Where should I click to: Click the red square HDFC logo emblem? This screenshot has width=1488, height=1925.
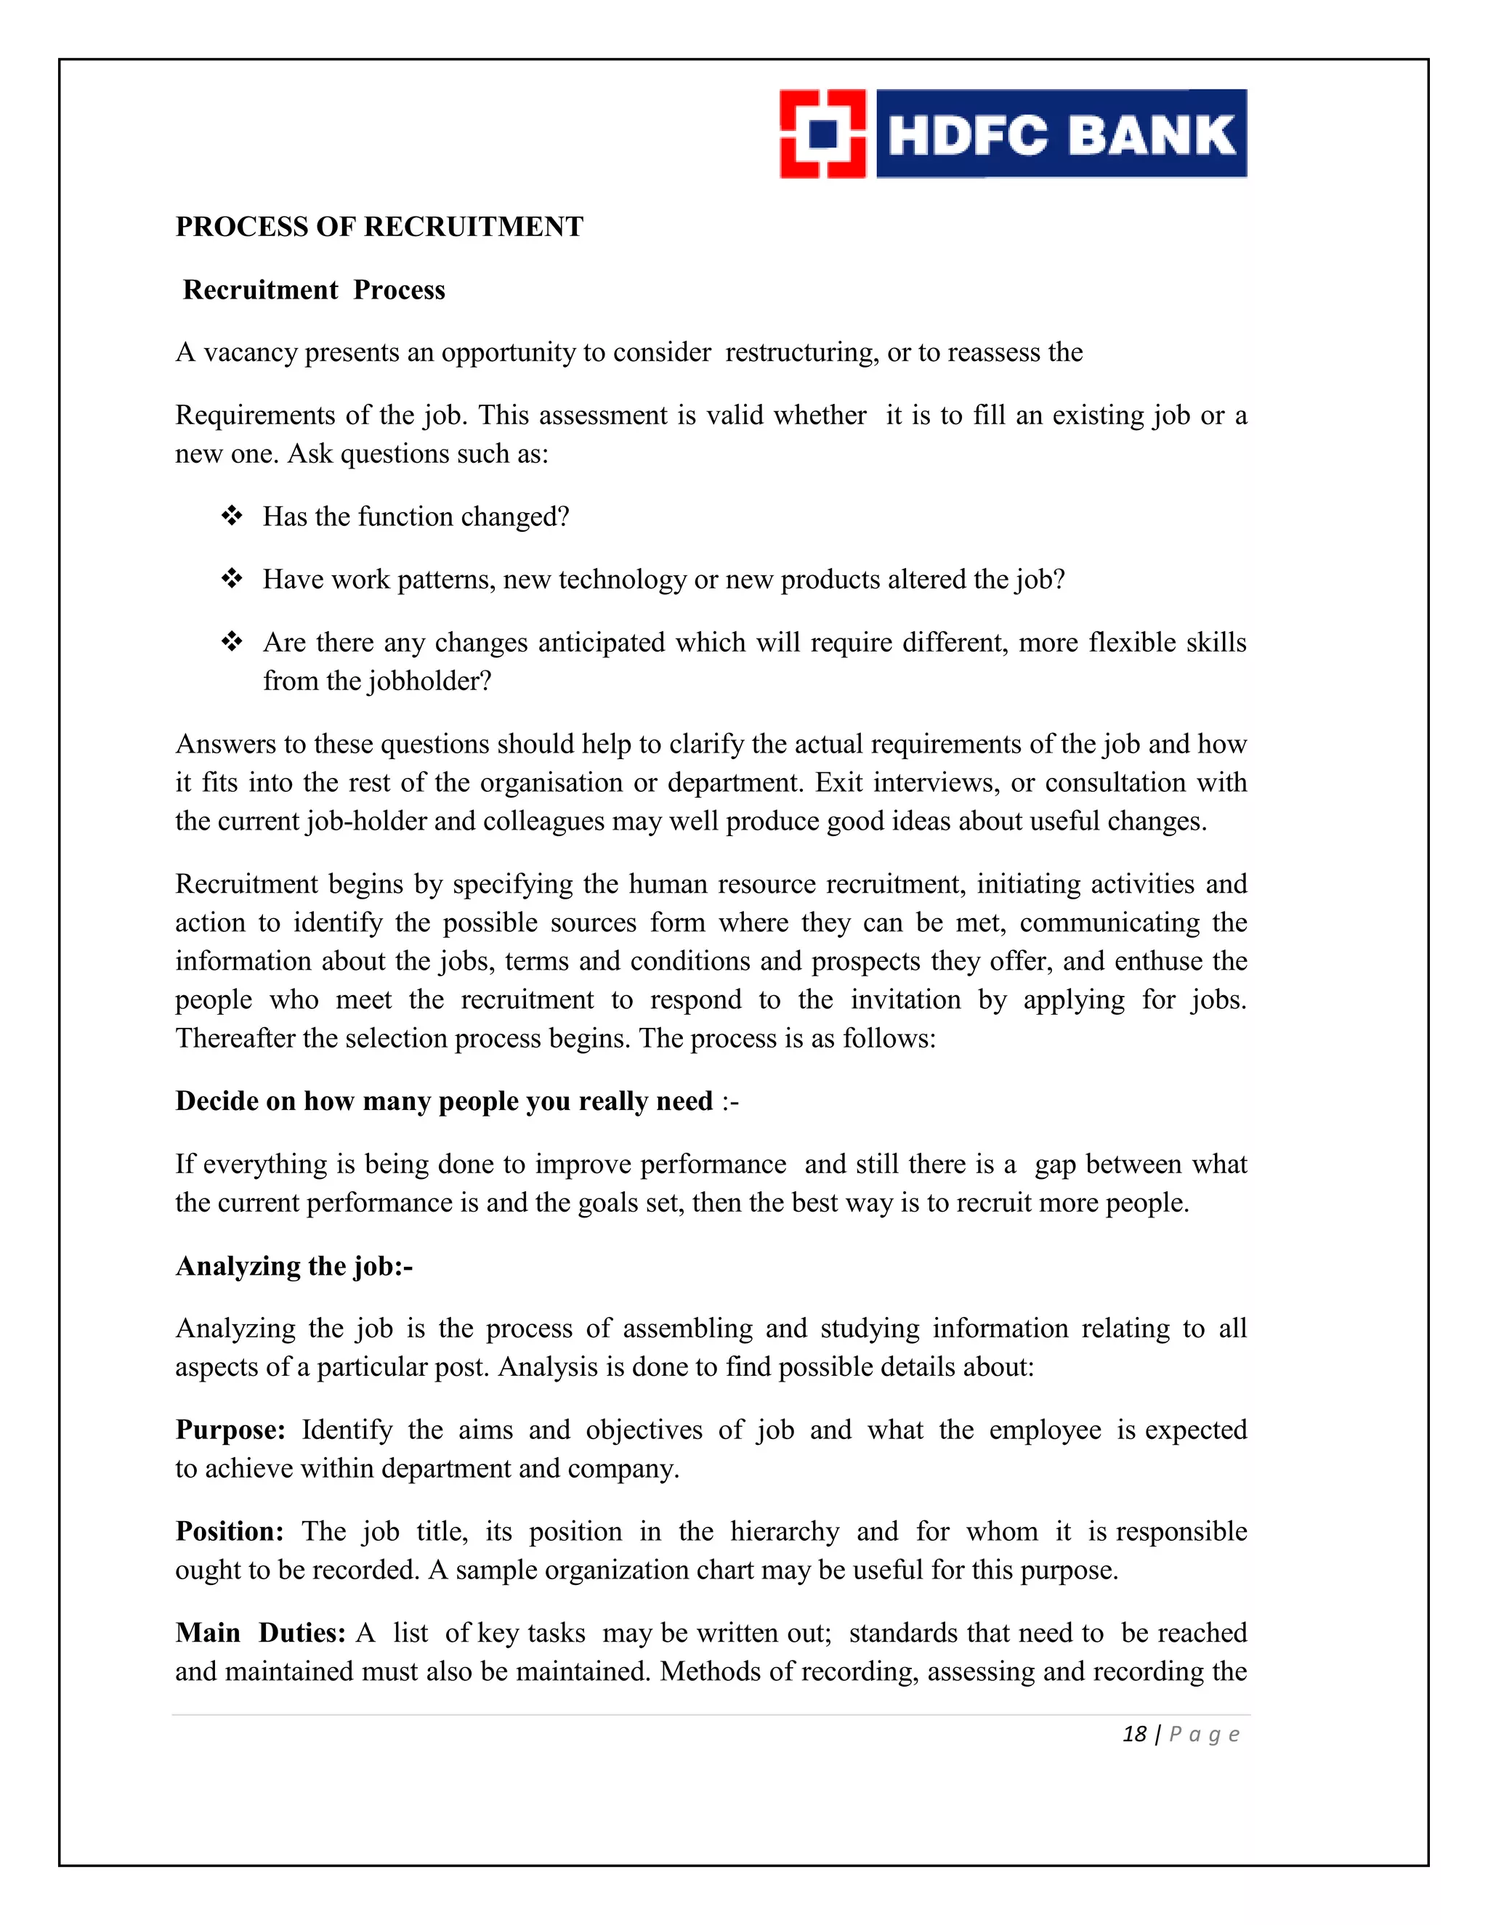pyautogui.click(x=822, y=134)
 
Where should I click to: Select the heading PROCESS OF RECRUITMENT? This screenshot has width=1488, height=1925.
pyautogui.click(x=379, y=227)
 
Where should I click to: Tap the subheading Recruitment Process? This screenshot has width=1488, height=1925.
pyautogui.click(x=314, y=290)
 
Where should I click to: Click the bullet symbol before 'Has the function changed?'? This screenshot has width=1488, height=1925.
pyautogui.click(x=232, y=516)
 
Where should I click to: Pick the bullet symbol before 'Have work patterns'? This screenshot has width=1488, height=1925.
pyautogui.click(x=232, y=579)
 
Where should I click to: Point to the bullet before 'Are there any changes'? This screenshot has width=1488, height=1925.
pyautogui.click(x=232, y=641)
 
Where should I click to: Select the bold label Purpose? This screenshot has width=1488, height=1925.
pyautogui.click(x=230, y=1430)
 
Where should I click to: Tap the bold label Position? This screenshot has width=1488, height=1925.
pyautogui.click(x=229, y=1531)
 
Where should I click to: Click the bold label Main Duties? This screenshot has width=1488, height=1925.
pyautogui.click(x=260, y=1632)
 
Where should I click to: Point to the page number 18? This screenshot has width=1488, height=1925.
pyautogui.click(x=1133, y=1735)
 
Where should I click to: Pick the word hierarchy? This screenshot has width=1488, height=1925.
pyautogui.click(x=785, y=1531)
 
